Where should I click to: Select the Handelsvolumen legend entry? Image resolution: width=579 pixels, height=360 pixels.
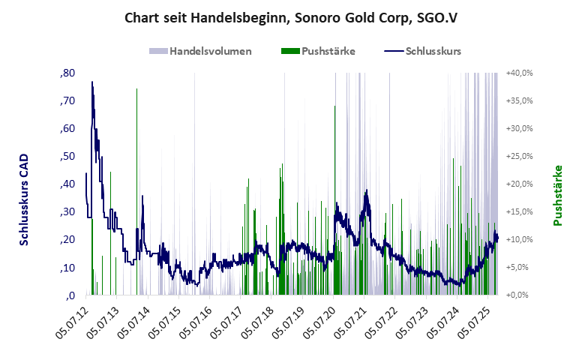click(x=200, y=51)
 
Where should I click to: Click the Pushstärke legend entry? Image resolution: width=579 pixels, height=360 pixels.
click(x=318, y=51)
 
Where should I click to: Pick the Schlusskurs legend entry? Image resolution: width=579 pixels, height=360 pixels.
click(x=422, y=51)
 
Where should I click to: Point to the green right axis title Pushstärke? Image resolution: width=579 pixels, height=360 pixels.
click(x=557, y=195)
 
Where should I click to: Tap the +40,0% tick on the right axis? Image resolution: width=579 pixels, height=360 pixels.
click(x=519, y=73)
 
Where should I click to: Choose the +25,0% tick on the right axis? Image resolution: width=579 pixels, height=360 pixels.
click(x=519, y=156)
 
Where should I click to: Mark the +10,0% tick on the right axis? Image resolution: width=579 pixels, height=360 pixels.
click(x=519, y=239)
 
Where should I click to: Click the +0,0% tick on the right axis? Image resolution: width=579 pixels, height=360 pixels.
click(x=520, y=295)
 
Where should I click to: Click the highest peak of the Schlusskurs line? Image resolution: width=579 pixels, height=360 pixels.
click(x=92, y=82)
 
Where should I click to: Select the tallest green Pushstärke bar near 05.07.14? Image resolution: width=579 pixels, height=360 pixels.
click(x=136, y=89)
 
